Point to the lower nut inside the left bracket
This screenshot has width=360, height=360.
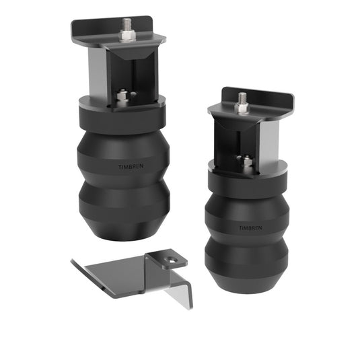(122, 97)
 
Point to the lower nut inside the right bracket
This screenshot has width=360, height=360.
(247, 161)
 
